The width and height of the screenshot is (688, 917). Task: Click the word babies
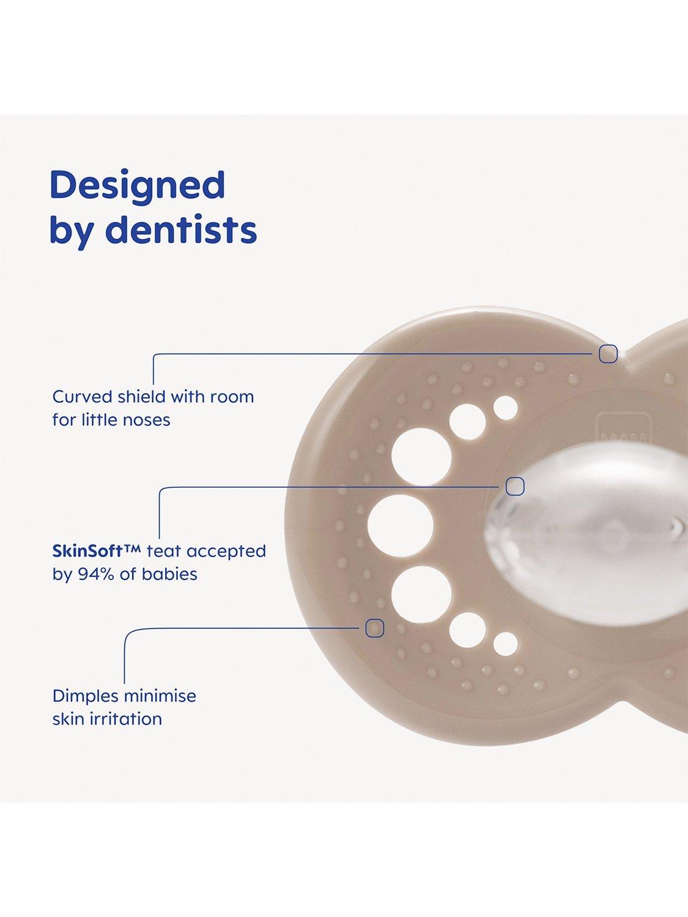click(169, 573)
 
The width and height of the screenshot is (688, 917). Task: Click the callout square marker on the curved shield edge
click(608, 354)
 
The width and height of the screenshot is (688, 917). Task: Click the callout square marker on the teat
click(515, 486)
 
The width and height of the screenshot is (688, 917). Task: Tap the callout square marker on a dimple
click(375, 628)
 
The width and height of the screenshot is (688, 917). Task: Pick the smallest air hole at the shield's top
click(506, 408)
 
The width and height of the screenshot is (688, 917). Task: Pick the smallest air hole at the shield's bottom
click(506, 644)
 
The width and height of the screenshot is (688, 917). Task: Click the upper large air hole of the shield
click(421, 457)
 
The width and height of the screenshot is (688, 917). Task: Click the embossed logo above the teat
click(612, 430)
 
